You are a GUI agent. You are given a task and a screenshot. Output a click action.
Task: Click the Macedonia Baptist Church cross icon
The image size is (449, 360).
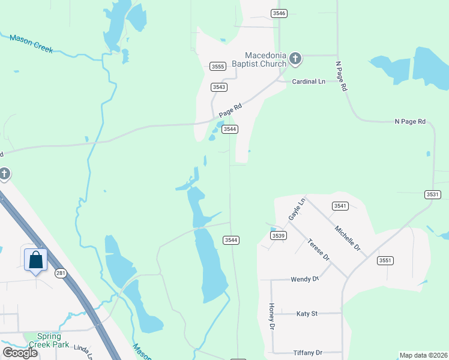295,59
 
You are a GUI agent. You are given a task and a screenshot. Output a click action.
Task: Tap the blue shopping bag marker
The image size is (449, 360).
35,260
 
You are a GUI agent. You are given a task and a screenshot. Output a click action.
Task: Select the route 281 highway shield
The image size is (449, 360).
60,273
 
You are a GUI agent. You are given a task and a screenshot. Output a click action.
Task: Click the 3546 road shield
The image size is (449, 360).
279,13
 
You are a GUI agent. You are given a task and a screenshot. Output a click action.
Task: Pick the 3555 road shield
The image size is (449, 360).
218,67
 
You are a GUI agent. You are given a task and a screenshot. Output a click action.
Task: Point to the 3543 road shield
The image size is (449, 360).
219,87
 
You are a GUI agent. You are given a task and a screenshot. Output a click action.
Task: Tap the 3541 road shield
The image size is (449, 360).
340,206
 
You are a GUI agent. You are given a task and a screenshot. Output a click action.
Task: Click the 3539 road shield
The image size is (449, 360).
278,236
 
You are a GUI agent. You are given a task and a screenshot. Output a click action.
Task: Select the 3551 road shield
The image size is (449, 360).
385,260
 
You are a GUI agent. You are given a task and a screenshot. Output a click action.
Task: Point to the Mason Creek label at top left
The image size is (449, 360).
31,44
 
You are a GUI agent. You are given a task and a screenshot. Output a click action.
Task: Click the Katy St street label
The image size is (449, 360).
307,313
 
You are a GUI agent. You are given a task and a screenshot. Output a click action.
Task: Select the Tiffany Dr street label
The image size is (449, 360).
308,352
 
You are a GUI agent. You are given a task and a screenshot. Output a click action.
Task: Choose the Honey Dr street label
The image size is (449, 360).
271,316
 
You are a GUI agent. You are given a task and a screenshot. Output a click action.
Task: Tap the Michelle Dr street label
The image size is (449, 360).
348,239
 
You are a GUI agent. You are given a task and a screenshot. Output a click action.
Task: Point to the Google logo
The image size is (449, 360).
20,353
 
